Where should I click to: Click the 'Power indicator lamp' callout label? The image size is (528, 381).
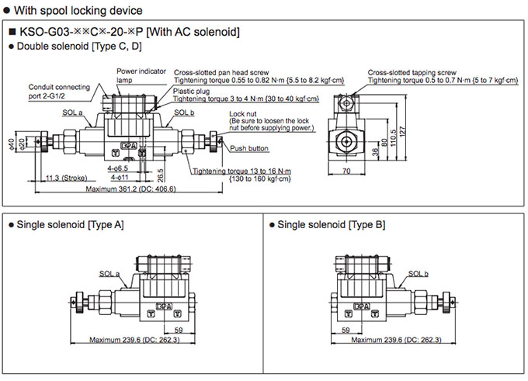click(141, 74)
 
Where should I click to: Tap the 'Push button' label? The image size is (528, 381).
click(249, 147)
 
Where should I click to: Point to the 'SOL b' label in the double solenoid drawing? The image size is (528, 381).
click(184, 112)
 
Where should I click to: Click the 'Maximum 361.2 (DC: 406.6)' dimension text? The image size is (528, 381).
click(130, 189)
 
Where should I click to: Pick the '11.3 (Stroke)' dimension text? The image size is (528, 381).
click(66, 177)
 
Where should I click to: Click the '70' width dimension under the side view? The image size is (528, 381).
click(346, 169)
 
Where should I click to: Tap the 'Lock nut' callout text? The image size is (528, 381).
click(243, 114)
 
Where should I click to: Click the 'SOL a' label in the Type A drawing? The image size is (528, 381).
click(109, 273)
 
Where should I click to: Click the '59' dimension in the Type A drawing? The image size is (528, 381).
click(179, 329)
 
